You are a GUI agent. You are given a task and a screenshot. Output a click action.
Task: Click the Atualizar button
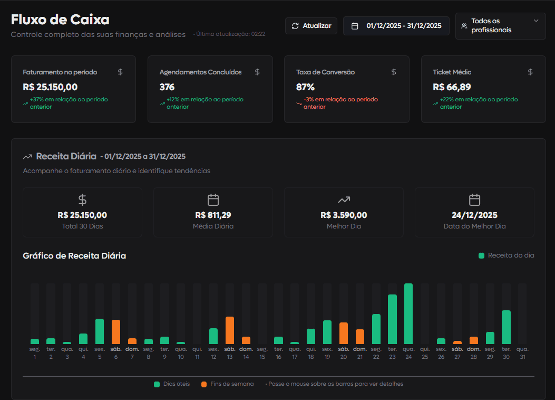[x=311, y=26]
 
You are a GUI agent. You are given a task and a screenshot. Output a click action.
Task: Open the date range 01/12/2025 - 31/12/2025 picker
[x=396, y=26]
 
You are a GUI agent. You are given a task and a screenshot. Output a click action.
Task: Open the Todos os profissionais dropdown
[x=500, y=26]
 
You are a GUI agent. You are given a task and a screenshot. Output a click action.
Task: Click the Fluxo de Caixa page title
[x=60, y=20]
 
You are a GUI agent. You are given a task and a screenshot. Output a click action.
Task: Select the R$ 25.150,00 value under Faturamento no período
[x=51, y=87]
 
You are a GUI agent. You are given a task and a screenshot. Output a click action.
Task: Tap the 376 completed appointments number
[x=167, y=87]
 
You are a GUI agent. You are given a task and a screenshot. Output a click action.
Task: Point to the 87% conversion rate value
[x=305, y=87]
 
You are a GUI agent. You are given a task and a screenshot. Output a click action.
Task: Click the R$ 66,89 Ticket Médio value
[x=452, y=87]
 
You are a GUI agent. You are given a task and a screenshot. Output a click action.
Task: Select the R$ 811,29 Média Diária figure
[x=213, y=215]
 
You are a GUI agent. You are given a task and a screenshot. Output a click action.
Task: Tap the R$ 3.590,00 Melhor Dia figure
[x=344, y=215]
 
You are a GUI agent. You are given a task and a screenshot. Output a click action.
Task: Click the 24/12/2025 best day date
[x=474, y=215]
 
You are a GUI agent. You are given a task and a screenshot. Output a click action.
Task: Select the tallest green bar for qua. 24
[x=408, y=314]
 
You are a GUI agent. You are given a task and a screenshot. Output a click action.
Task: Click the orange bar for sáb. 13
[x=230, y=330]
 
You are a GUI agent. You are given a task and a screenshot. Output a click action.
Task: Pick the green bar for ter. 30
[x=506, y=327]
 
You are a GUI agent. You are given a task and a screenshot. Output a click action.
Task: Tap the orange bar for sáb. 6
[x=116, y=332]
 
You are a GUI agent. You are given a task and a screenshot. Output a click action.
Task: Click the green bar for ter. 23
[x=392, y=319]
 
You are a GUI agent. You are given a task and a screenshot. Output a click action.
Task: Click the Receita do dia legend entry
[x=506, y=255]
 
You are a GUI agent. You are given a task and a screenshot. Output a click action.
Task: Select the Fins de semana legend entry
[x=227, y=384]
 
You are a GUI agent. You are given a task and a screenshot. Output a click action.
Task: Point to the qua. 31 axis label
[x=522, y=353]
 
